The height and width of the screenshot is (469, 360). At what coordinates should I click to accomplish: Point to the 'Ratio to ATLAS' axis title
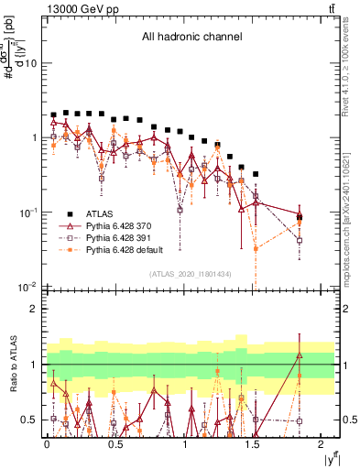pyautogui.click(x=12, y=365)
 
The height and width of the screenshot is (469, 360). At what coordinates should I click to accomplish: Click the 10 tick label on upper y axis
pyautogui.click(x=30, y=63)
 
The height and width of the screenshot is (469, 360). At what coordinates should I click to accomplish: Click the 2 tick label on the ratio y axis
pyautogui.click(x=35, y=309)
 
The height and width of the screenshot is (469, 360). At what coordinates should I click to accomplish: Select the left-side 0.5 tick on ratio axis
pyautogui.click(x=30, y=420)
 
